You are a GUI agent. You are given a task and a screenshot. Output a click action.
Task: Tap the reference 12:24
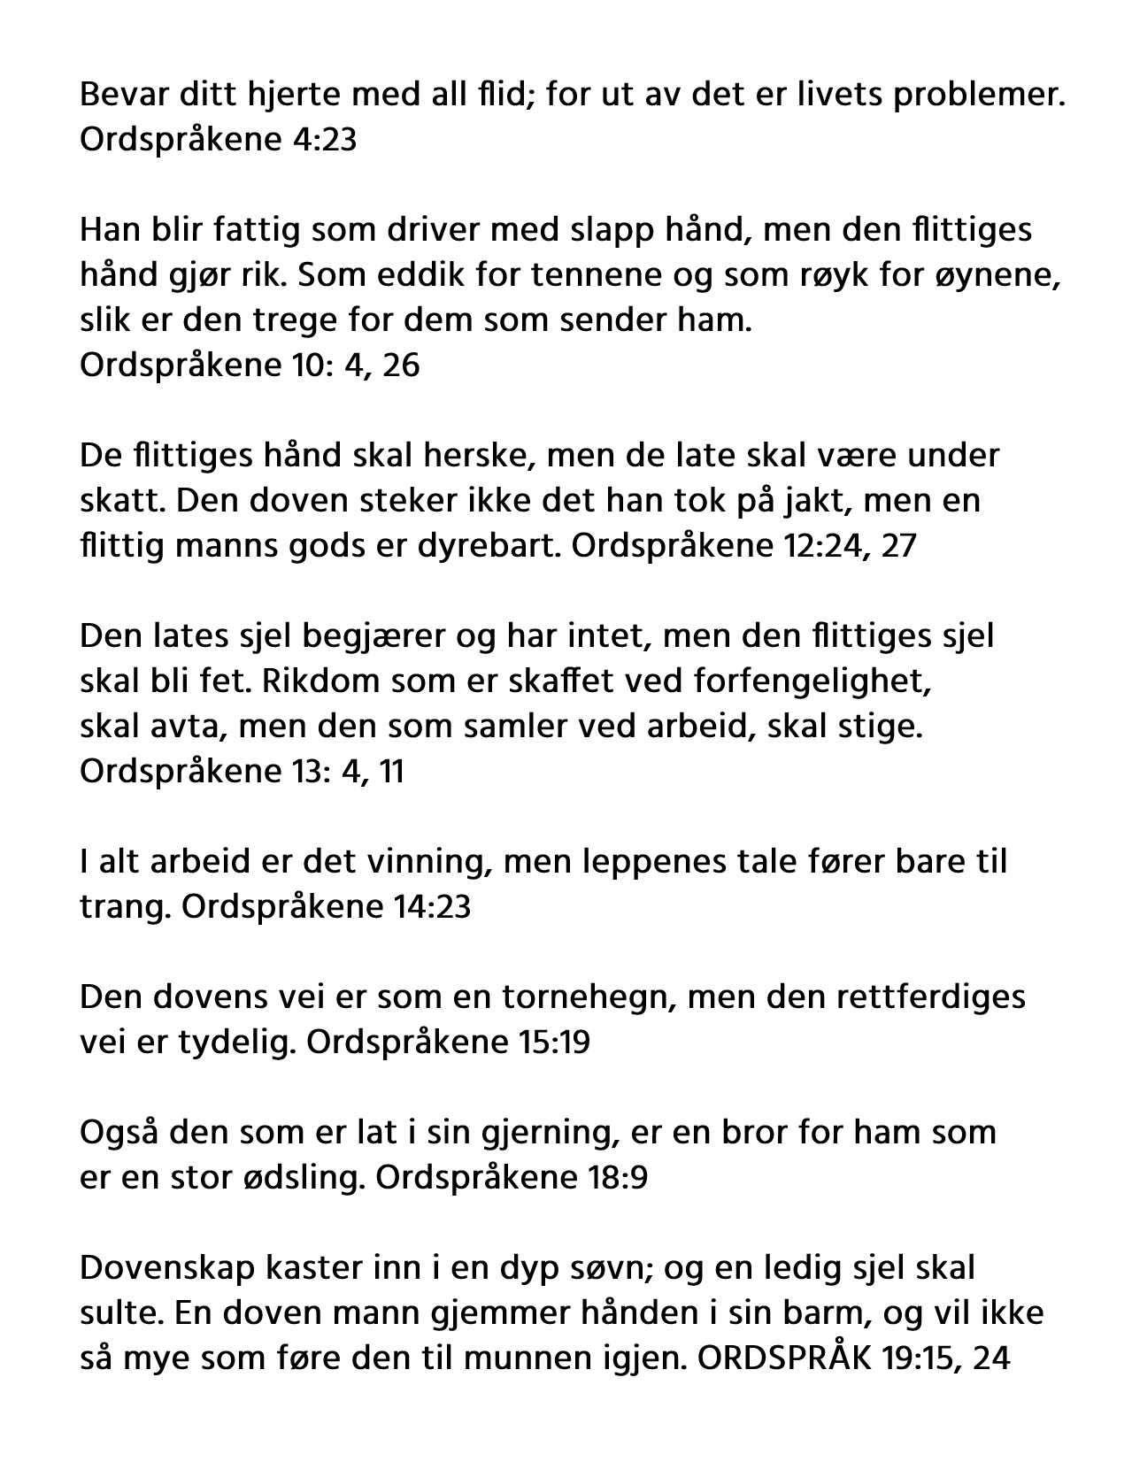tap(818, 545)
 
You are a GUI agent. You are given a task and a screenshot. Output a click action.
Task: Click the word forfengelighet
tap(813, 681)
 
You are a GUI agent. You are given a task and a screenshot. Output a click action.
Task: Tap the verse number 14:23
tap(429, 907)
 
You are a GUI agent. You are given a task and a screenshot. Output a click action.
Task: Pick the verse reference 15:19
tap(551, 1043)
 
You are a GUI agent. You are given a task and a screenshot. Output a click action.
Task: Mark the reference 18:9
tap(616, 1178)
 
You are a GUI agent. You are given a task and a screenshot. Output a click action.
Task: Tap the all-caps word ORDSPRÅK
tap(784, 1358)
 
